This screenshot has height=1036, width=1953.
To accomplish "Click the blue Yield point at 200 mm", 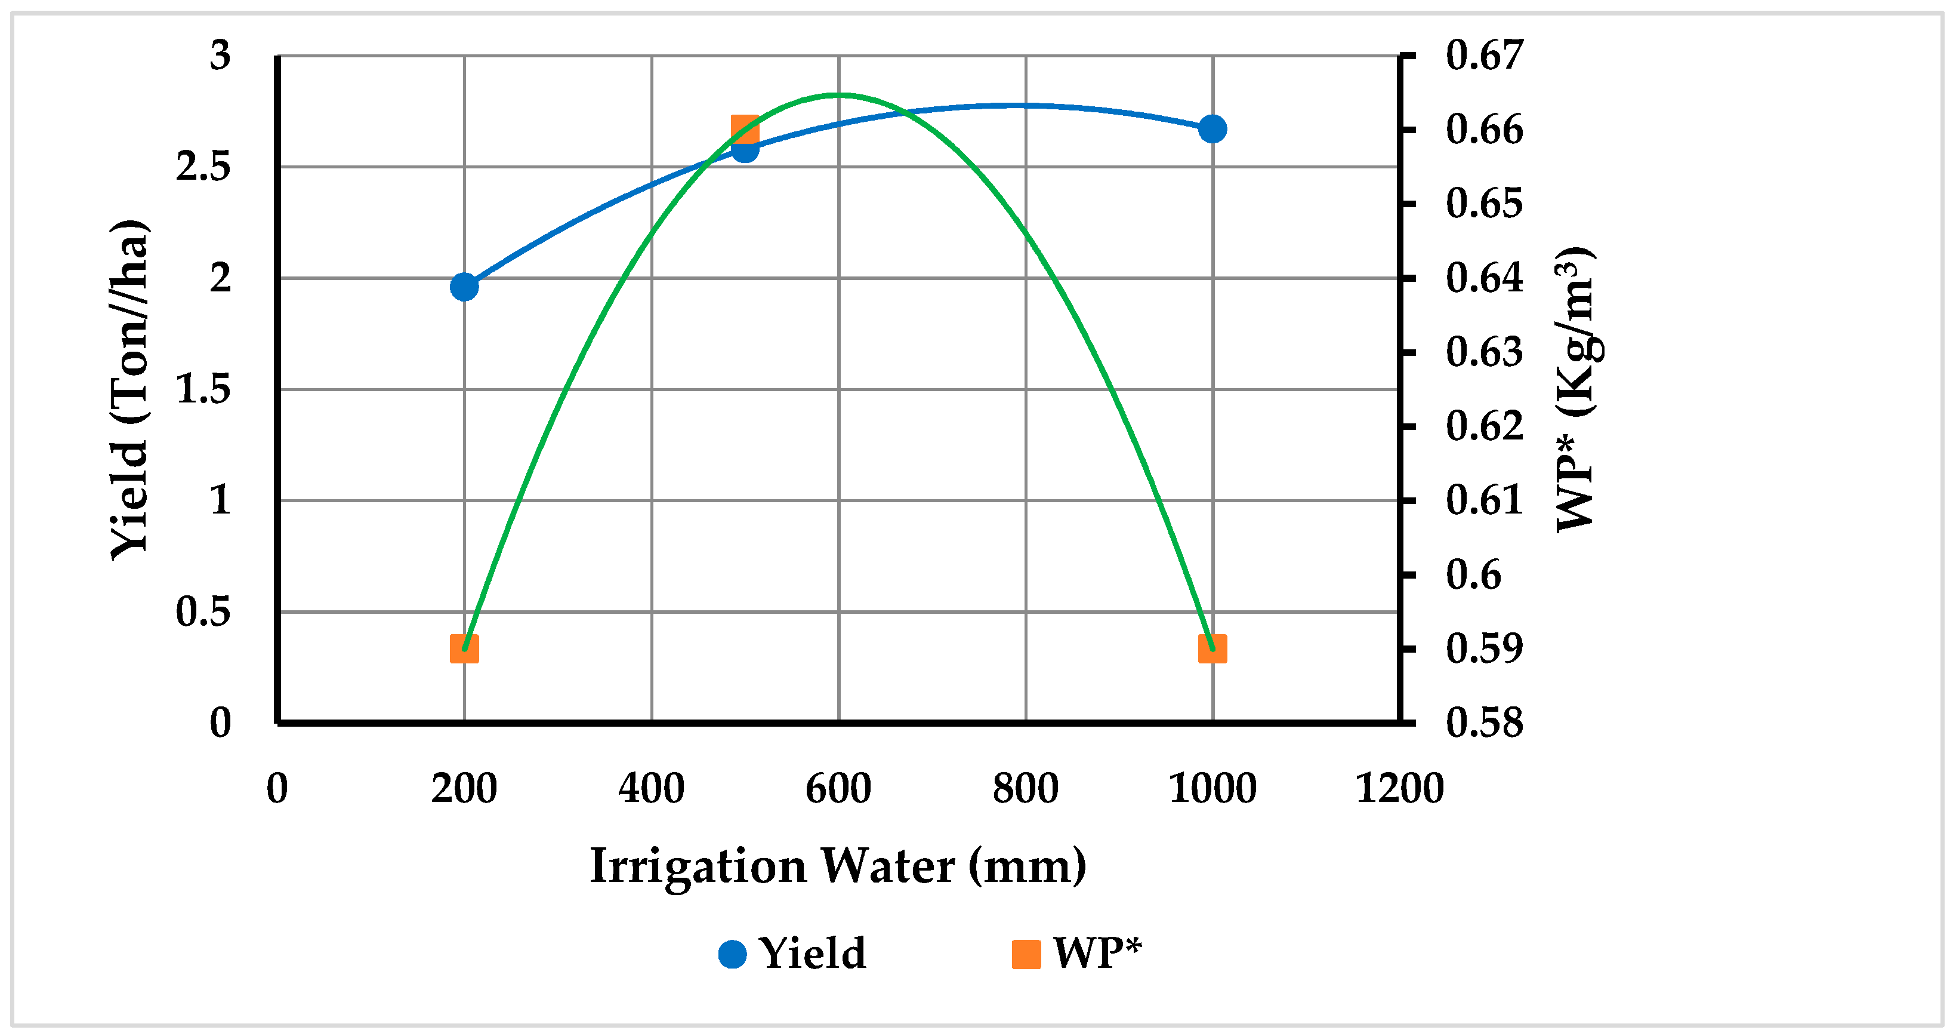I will (x=464, y=287).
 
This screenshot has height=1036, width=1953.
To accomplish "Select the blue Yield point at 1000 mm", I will (x=1212, y=129).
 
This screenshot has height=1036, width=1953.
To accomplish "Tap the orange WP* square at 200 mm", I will (x=464, y=649).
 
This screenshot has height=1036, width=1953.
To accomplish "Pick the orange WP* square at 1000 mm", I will (x=1212, y=649).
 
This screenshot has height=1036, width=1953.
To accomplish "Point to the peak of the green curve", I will (x=838, y=95).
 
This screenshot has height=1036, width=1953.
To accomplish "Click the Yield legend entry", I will (x=792, y=954).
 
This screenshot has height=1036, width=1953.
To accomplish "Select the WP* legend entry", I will (x=1076, y=954).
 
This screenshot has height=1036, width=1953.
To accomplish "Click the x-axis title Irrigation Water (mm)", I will (x=838, y=866).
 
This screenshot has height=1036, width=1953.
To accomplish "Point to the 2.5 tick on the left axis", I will (x=203, y=167).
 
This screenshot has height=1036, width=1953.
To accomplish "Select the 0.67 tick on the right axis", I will (x=1484, y=56).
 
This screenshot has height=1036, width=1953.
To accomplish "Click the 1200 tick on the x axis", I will (x=1399, y=788).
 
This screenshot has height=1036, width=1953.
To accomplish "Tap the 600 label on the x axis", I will (x=838, y=788).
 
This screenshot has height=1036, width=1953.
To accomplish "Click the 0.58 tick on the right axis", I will (x=1484, y=722).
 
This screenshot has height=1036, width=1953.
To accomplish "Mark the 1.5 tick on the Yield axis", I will (x=203, y=390).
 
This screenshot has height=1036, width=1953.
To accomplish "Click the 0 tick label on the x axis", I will (x=277, y=788).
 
